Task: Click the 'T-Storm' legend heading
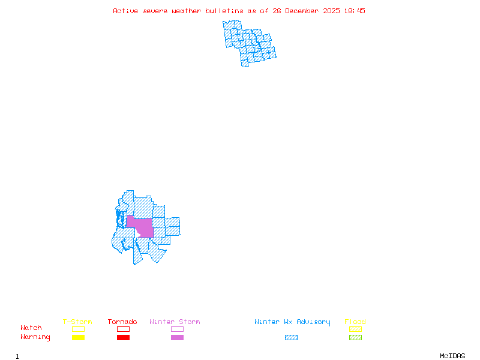pyautogui.click(x=77, y=322)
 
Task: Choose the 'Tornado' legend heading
pyautogui.click(x=122, y=322)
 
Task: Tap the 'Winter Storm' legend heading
pyautogui.click(x=175, y=322)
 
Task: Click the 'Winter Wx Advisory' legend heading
pyautogui.click(x=292, y=322)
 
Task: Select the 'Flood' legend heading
pyautogui.click(x=355, y=322)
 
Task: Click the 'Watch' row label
pyautogui.click(x=31, y=328)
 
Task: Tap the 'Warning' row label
pyautogui.click(x=35, y=337)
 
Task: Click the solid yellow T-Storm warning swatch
pyautogui.click(x=78, y=338)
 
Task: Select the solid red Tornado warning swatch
pyautogui.click(x=123, y=338)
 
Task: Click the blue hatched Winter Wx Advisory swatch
pyautogui.click(x=291, y=338)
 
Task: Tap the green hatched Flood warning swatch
pyautogui.click(x=355, y=338)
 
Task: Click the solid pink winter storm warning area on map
pyautogui.click(x=144, y=227)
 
